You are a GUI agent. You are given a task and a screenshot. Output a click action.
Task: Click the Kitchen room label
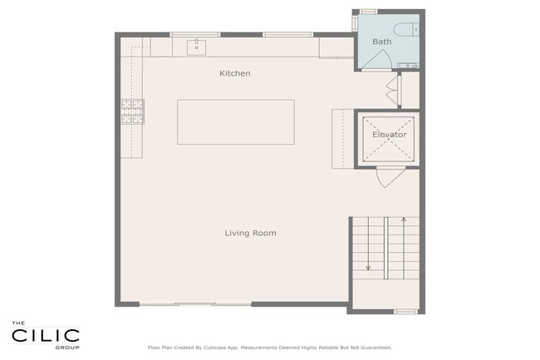click(x=235, y=73)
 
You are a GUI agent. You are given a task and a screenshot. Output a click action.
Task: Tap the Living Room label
click(x=250, y=234)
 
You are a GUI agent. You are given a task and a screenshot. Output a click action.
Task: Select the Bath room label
click(x=382, y=42)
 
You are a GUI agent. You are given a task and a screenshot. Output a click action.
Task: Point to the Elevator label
click(x=390, y=135)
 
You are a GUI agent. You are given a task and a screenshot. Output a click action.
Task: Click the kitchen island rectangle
click(x=236, y=122)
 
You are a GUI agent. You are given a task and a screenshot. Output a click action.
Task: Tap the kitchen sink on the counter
click(x=197, y=47)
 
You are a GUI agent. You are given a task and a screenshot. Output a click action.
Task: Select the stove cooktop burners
click(x=133, y=111)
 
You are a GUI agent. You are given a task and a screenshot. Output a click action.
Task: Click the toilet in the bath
click(x=407, y=30)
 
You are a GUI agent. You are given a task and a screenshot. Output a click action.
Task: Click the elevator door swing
click(x=389, y=177)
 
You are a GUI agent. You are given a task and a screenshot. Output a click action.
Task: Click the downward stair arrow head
click(x=368, y=268)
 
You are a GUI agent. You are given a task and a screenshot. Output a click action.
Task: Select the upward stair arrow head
click(x=404, y=219)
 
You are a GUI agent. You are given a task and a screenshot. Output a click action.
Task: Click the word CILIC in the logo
click(x=46, y=336)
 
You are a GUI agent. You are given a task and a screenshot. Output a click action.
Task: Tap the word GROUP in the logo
click(x=67, y=348)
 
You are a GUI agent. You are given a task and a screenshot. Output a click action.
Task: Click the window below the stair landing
click(x=405, y=312)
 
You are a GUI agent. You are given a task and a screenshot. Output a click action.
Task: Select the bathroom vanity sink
click(x=409, y=66)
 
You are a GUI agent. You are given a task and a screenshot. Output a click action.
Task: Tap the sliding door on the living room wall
click(x=195, y=304)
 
